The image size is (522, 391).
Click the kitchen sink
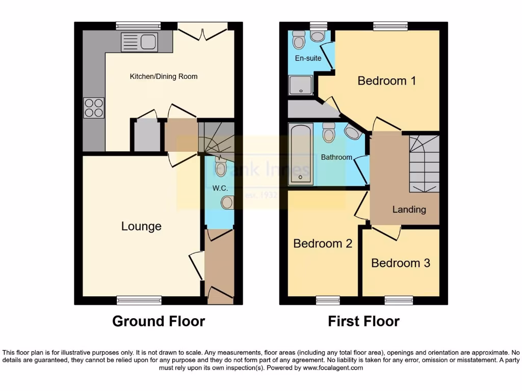[139, 42]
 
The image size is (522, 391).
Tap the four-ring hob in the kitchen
[94, 107]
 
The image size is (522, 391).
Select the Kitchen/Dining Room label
[164, 77]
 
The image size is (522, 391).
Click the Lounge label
[141, 226]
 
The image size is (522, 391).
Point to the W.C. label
[220, 188]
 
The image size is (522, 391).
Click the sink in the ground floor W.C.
[227, 203]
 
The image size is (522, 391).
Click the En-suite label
[308, 58]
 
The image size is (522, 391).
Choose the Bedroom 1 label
[386, 80]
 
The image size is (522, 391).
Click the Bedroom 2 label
[323, 243]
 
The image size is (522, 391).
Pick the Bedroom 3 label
[401, 263]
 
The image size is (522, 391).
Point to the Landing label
[409, 209]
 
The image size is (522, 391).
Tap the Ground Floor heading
[159, 321]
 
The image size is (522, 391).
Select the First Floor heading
[363, 321]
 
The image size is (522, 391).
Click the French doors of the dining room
[202, 32]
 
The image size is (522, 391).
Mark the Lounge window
[139, 300]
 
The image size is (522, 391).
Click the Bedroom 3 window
[399, 300]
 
